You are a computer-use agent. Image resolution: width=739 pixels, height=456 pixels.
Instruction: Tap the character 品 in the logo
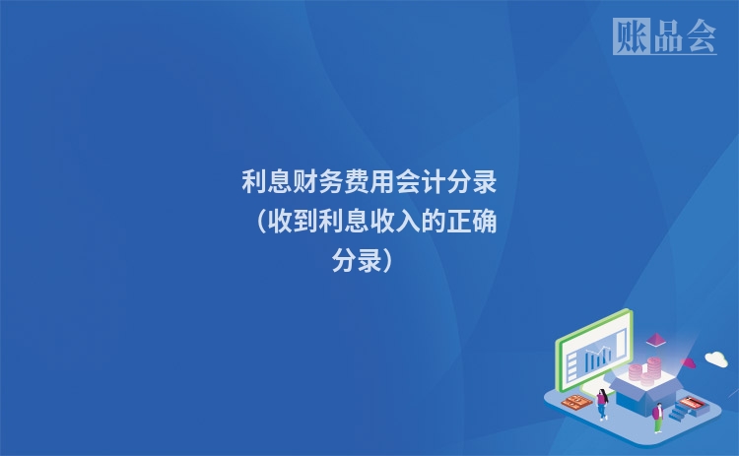click(666, 36)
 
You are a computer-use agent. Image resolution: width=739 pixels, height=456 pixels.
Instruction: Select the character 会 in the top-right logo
click(700, 36)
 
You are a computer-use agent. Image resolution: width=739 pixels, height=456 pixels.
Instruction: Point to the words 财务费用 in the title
click(357, 182)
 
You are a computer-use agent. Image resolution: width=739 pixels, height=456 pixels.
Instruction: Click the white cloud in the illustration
click(716, 359)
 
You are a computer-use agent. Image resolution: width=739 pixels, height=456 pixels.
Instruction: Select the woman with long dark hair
click(601, 403)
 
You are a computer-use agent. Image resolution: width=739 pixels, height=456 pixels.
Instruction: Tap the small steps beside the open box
click(680, 413)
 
